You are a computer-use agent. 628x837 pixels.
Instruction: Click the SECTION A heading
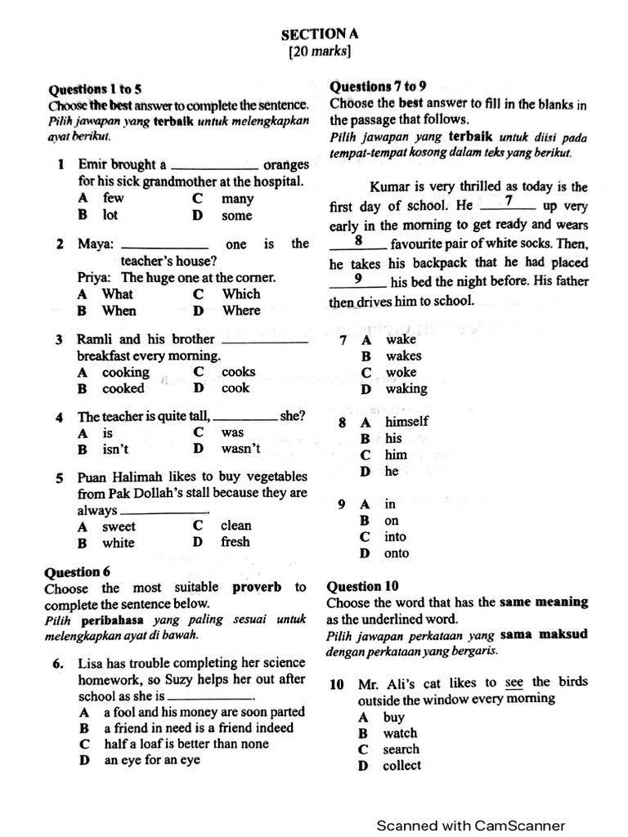click(320, 34)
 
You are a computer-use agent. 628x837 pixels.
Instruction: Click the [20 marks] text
click(320, 51)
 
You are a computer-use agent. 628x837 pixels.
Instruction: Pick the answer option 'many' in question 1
click(237, 199)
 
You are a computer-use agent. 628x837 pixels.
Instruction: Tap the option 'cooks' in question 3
click(238, 372)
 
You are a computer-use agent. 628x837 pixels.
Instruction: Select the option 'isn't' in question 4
click(114, 449)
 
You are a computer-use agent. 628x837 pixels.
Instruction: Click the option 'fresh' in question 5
click(235, 542)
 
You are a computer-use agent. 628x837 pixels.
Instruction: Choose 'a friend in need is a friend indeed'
click(198, 727)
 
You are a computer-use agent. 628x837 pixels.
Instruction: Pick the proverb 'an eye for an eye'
click(151, 760)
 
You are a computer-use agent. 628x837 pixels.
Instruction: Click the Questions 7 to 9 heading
click(377, 86)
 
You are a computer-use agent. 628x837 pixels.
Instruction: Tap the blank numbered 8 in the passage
click(358, 242)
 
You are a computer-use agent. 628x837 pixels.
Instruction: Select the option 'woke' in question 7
click(401, 372)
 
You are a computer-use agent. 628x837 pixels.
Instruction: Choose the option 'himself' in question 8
click(406, 422)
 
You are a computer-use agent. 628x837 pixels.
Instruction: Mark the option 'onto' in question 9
click(397, 553)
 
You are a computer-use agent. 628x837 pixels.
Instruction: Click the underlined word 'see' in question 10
click(514, 683)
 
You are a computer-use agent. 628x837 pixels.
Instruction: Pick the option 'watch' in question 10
click(400, 733)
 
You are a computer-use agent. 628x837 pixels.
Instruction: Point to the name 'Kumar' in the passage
click(389, 186)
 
